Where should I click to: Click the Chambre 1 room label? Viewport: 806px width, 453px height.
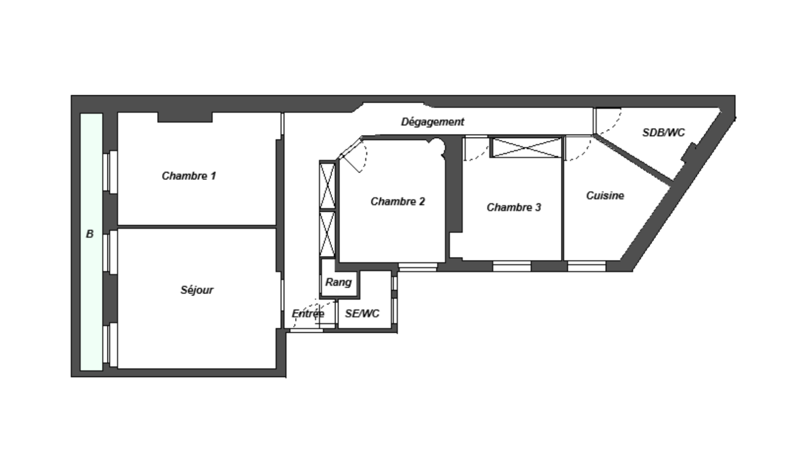(189, 176)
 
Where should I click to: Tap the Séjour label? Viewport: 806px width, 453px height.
(197, 290)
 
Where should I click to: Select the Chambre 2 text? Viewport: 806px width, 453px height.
(398, 202)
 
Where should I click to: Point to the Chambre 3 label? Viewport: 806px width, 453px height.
(514, 207)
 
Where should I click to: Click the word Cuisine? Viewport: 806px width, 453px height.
(605, 195)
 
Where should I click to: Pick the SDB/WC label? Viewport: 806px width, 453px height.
(663, 133)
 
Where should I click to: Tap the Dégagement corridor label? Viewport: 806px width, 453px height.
(432, 122)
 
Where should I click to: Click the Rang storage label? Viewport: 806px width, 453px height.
(338, 282)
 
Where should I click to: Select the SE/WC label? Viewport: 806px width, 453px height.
(362, 314)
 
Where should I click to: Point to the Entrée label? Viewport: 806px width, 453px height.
(308, 314)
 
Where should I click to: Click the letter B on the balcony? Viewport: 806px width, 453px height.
(90, 234)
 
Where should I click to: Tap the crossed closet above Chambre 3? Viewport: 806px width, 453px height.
(526, 147)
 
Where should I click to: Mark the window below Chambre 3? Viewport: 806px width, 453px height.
(511, 266)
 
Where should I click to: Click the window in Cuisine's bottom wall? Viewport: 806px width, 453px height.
(586, 266)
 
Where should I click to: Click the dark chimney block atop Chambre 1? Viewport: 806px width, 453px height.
(185, 117)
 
